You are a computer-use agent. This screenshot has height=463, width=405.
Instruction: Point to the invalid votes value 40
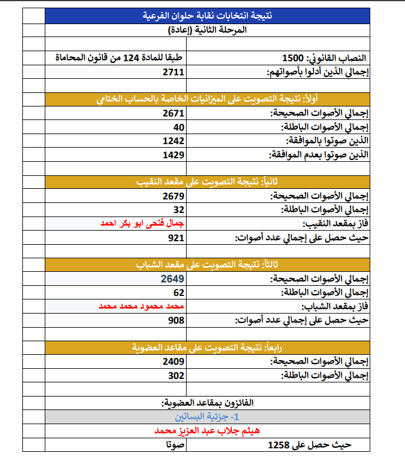[179, 127]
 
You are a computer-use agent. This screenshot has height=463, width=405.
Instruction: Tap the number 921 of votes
[177, 238]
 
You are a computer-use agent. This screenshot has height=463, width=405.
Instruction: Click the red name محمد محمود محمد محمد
[141, 307]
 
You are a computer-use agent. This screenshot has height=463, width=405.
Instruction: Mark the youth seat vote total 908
[177, 320]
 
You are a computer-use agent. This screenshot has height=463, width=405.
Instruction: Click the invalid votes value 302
[177, 375]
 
